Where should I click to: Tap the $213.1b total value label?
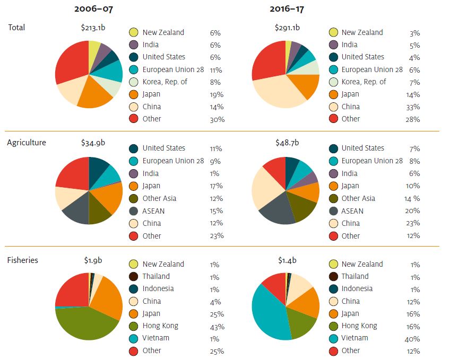click(x=88, y=28)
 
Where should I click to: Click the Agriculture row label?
click(x=27, y=143)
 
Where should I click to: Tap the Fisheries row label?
click(x=22, y=260)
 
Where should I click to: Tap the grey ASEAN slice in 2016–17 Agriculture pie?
click(x=276, y=209)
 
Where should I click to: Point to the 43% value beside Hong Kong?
click(x=217, y=327)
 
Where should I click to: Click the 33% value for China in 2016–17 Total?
click(x=412, y=107)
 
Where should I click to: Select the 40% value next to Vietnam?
click(x=412, y=339)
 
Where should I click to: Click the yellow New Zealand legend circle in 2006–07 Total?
click(x=133, y=32)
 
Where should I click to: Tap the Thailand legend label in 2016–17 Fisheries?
click(x=355, y=276)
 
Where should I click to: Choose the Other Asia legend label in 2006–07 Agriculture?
click(x=159, y=198)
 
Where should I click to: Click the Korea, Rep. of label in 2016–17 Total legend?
click(x=364, y=82)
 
